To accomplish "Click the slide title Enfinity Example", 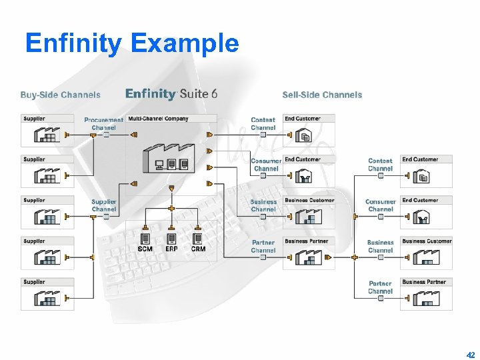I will [x=131, y=44].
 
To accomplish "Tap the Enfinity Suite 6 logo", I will [x=171, y=94].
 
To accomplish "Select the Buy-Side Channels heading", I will [x=61, y=95].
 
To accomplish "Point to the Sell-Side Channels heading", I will [x=322, y=95].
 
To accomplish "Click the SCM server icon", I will [x=145, y=238].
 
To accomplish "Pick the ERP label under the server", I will [x=171, y=249].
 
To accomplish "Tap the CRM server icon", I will [x=198, y=238].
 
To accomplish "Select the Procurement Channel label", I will [x=103, y=124].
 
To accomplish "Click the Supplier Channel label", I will [x=104, y=205].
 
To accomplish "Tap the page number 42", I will [x=471, y=355].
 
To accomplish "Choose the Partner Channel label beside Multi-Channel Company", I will [x=263, y=247].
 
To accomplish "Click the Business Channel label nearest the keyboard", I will [x=263, y=205].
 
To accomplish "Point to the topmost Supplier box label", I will [x=35, y=119].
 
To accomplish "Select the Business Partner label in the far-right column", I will [x=424, y=282].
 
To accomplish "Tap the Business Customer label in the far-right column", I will [x=427, y=241].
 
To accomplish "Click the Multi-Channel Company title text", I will [x=158, y=119].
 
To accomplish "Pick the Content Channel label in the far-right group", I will [x=380, y=165].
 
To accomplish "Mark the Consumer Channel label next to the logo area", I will [x=266, y=165].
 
